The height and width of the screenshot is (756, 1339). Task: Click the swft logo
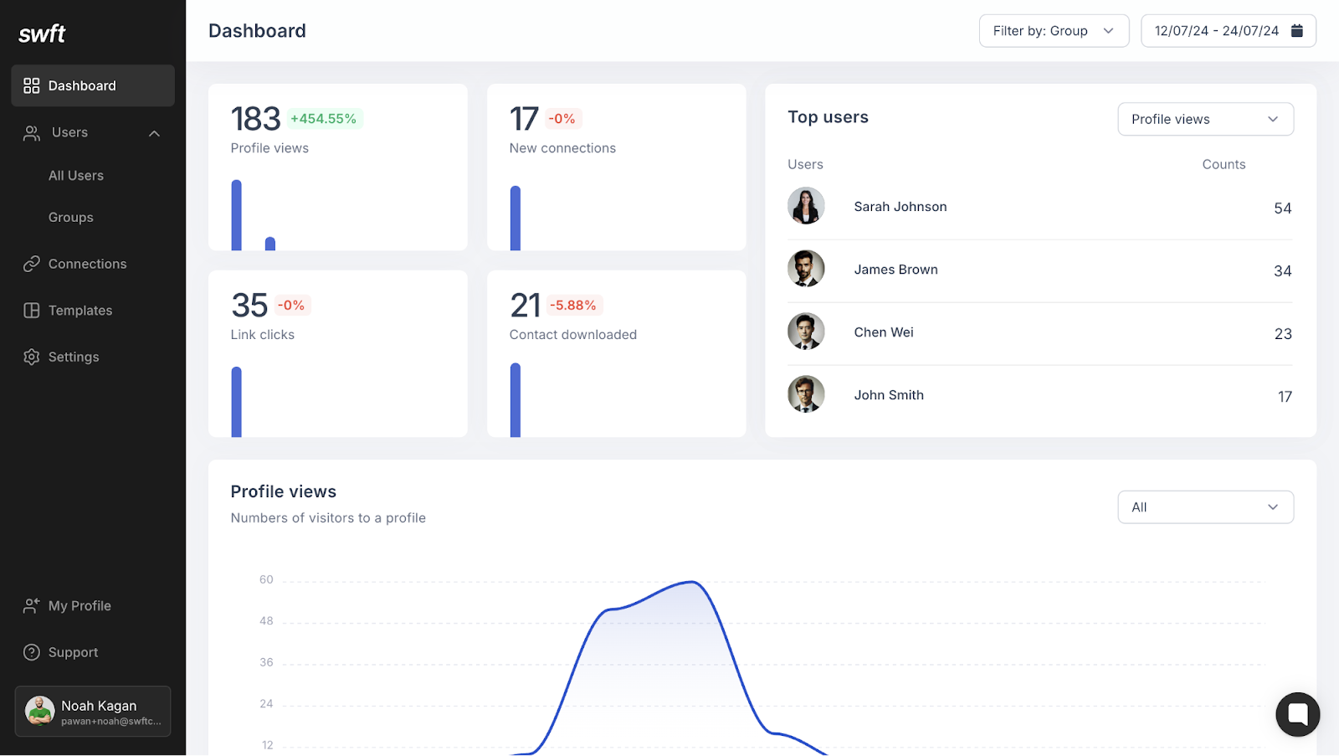[42, 33]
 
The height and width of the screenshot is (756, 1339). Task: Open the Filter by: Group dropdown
[1053, 31]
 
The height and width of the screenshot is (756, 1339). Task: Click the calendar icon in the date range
[1296, 31]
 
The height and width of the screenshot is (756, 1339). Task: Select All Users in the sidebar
[76, 176]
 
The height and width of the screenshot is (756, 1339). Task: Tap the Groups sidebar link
[71, 218]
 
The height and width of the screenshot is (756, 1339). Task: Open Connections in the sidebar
[87, 264]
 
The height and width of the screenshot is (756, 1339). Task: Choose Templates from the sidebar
[80, 311]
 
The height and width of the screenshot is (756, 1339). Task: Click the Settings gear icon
[32, 357]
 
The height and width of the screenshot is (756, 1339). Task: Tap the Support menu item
[73, 652]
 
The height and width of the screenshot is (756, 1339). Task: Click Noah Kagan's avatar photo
[39, 711]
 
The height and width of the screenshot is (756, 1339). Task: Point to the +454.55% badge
[323, 119]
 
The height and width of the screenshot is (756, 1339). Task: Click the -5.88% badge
[573, 306]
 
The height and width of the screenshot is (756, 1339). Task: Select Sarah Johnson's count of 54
[1282, 208]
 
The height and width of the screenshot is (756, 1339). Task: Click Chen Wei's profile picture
[806, 332]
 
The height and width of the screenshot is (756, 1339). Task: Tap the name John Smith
[889, 395]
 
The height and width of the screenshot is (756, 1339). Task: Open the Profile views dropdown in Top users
[1205, 119]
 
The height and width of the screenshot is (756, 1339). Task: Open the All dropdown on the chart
[1205, 507]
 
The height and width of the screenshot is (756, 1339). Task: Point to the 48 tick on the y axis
[266, 621]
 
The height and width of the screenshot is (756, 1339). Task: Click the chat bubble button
[1297, 714]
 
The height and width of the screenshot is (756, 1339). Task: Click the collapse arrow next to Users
[154, 133]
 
